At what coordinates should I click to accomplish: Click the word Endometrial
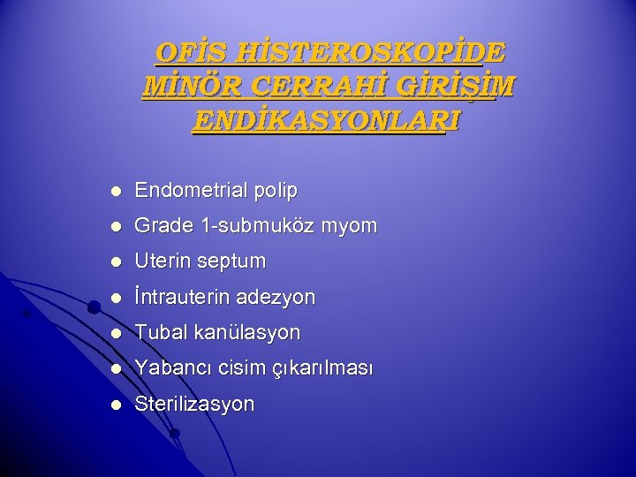tap(189, 190)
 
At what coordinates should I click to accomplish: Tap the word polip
tap(275, 190)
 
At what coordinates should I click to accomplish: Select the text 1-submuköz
tap(250, 226)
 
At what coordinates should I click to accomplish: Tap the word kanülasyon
tap(245, 333)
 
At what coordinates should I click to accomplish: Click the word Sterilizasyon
tap(194, 405)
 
